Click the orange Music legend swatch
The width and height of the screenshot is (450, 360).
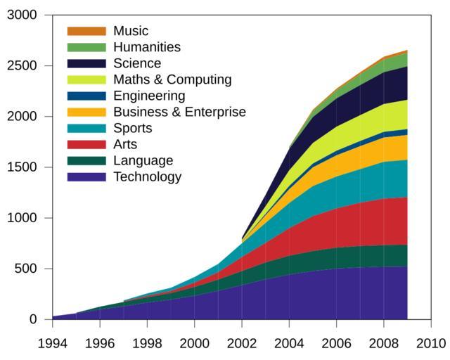coord(86,31)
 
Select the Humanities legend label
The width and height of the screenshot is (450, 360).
coord(147,47)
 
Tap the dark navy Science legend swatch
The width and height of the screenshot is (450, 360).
coord(86,63)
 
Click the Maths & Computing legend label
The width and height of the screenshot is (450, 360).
coord(172,79)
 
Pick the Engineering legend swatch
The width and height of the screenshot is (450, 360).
coord(86,96)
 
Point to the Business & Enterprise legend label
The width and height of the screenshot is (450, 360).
coord(179,112)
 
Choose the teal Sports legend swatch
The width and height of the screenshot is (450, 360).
coord(86,128)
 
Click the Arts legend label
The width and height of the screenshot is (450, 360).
coord(125,144)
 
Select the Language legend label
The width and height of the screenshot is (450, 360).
coord(143,160)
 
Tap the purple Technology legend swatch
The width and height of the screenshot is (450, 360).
coord(86,176)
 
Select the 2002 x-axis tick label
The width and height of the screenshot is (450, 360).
coord(241,343)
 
